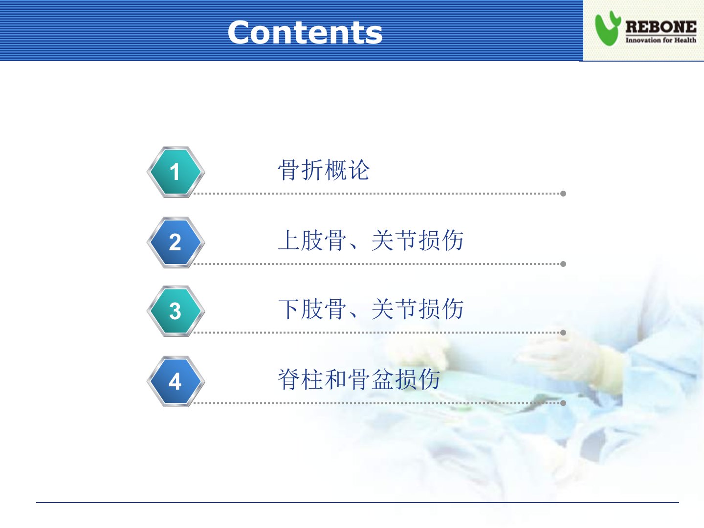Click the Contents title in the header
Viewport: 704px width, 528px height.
tap(305, 32)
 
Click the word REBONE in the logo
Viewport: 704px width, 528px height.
tap(660, 27)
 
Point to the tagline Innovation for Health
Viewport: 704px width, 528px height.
tap(660, 40)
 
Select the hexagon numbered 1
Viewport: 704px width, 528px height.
tap(176, 172)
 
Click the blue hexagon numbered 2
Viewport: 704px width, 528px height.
tap(176, 242)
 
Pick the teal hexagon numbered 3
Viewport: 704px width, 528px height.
tap(176, 311)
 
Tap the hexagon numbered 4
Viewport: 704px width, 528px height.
tap(176, 381)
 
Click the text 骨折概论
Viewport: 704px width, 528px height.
tap(324, 170)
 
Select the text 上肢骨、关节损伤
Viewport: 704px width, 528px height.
tap(371, 241)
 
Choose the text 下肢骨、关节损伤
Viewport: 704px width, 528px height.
tap(371, 309)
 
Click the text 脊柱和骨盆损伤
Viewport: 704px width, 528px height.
tap(359, 379)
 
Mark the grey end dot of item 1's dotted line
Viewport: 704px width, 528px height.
tap(563, 194)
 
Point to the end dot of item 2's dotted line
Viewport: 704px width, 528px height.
tap(563, 264)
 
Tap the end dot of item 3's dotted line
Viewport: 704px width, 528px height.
tap(563, 333)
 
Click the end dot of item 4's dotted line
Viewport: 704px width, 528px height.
tap(563, 403)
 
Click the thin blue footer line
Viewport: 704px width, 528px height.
tap(357, 503)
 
